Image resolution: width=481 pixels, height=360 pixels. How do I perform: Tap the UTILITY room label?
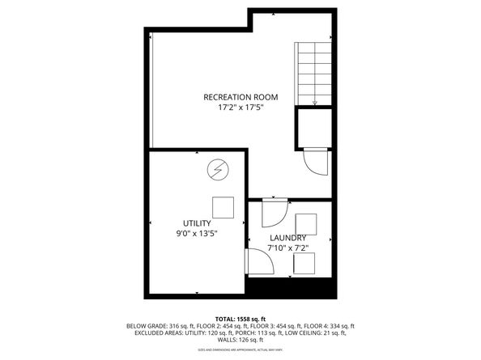(197, 222)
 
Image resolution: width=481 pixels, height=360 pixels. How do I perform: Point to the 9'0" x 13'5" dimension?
(197, 233)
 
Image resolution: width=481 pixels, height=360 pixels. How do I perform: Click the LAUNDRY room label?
(287, 237)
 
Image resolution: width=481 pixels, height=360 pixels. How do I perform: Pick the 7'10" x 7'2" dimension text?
(287, 247)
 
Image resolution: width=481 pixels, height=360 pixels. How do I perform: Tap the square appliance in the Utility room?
(223, 208)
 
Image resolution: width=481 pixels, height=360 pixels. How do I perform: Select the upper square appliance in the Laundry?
(306, 223)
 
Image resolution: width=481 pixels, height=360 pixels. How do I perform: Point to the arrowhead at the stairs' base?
(313, 102)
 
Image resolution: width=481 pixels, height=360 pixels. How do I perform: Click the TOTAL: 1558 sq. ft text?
(240, 318)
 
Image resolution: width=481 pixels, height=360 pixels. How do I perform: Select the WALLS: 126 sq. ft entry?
(240, 339)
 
